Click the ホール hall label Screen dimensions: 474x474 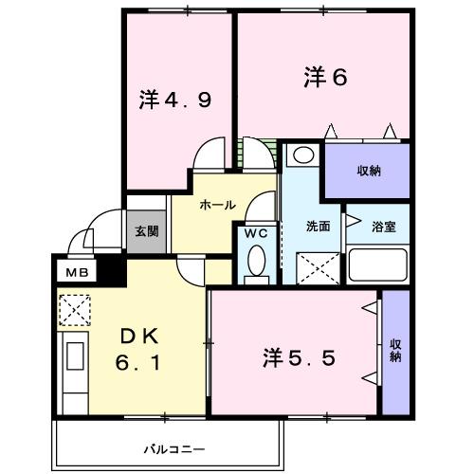(x=217, y=205)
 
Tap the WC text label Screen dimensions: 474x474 (x=257, y=232)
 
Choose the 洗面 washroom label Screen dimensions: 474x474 (x=318, y=227)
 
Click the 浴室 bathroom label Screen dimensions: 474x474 (x=384, y=227)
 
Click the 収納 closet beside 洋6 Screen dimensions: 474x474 (x=369, y=171)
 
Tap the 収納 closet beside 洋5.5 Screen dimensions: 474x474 (x=395, y=351)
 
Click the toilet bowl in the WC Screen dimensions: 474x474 (x=256, y=265)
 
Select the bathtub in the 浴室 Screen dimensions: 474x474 (x=378, y=264)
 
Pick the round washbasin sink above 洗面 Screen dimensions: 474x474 (x=302, y=155)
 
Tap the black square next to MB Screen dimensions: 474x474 (x=113, y=270)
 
